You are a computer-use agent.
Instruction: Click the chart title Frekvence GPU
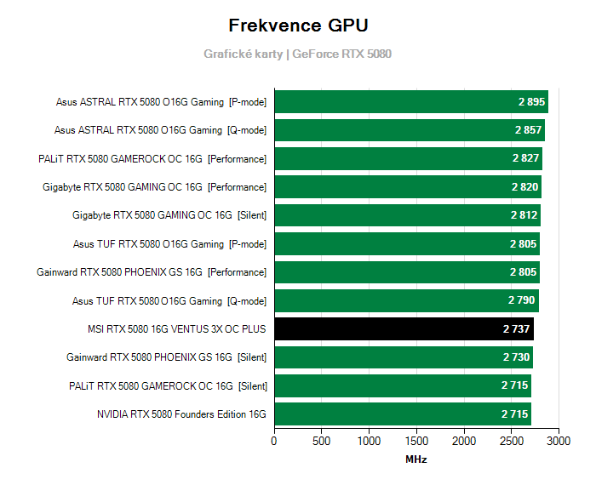coord(298,25)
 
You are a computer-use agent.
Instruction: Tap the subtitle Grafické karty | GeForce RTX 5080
coord(297,54)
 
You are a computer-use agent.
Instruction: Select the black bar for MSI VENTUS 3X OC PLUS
coord(404,328)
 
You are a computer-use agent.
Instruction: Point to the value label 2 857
coord(529,130)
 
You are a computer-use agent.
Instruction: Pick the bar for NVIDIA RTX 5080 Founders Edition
coord(402,414)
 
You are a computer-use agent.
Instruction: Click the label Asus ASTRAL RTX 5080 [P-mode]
coord(161,102)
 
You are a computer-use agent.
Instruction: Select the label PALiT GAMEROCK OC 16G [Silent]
coord(168,385)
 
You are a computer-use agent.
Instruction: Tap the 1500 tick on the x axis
coord(416,442)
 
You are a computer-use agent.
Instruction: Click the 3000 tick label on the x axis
coord(559,442)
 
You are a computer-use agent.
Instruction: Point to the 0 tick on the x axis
coord(274,442)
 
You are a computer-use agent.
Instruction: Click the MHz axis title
coord(416,459)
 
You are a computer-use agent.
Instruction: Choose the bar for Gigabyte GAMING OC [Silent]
coord(407,215)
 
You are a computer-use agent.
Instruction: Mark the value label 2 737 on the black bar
coord(518,328)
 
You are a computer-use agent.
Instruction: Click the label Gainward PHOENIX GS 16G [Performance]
coord(152,272)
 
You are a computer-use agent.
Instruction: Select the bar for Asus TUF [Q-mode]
coord(406,300)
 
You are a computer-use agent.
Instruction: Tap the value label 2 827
coord(526,158)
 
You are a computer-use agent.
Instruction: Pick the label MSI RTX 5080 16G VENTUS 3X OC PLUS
coord(176,328)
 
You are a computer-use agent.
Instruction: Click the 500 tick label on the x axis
coord(322,442)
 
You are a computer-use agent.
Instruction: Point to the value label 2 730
coord(516,357)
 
